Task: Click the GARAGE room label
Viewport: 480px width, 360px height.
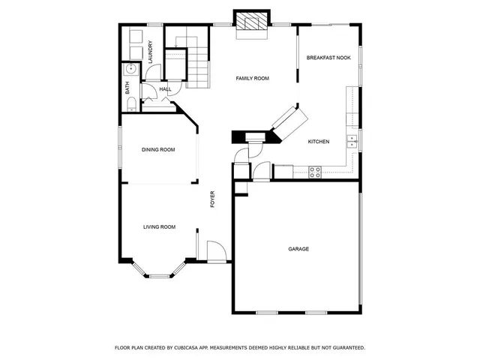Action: coord(298,249)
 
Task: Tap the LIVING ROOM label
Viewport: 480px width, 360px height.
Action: coord(160,226)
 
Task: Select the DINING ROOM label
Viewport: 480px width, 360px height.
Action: coord(158,150)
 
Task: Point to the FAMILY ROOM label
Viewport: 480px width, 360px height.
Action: coord(253,78)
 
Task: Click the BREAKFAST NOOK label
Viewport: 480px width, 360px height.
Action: coord(328,58)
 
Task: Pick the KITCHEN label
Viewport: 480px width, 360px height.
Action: coord(319,142)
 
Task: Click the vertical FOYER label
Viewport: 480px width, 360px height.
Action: coord(212,199)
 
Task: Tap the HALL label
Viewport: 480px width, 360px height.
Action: coord(165,89)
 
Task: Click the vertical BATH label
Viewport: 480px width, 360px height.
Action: coord(127,87)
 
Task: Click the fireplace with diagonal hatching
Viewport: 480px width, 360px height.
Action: coord(251,20)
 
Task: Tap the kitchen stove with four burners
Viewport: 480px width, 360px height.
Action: coord(316,170)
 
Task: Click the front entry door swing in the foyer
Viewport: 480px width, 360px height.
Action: coord(216,251)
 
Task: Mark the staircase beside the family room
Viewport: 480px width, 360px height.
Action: coord(196,67)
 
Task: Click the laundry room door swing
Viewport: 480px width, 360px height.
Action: coord(153,73)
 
